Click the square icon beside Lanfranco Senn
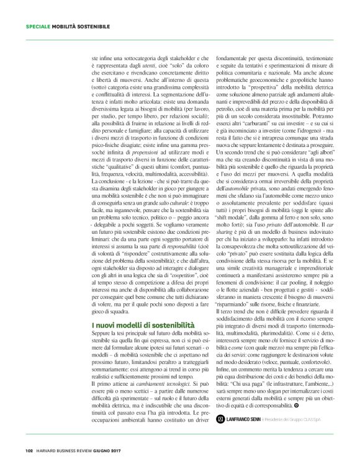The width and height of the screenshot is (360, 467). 219,419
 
